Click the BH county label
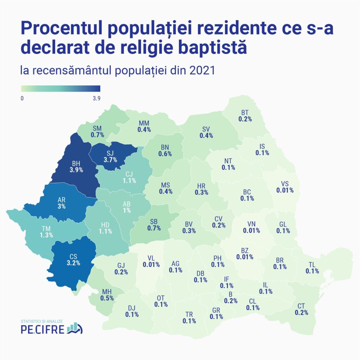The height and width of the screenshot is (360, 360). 76,163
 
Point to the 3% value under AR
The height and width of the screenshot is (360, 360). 62,207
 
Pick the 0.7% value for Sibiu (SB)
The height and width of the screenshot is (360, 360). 154,228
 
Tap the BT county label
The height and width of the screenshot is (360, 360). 245,112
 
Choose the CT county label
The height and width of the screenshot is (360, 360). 301,306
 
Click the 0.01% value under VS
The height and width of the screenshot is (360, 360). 285,190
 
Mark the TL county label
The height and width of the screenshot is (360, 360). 312,264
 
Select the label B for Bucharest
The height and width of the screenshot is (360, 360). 231,294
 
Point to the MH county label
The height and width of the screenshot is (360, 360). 107,292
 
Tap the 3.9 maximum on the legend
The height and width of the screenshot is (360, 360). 97,98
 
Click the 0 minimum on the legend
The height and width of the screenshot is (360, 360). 22,98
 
